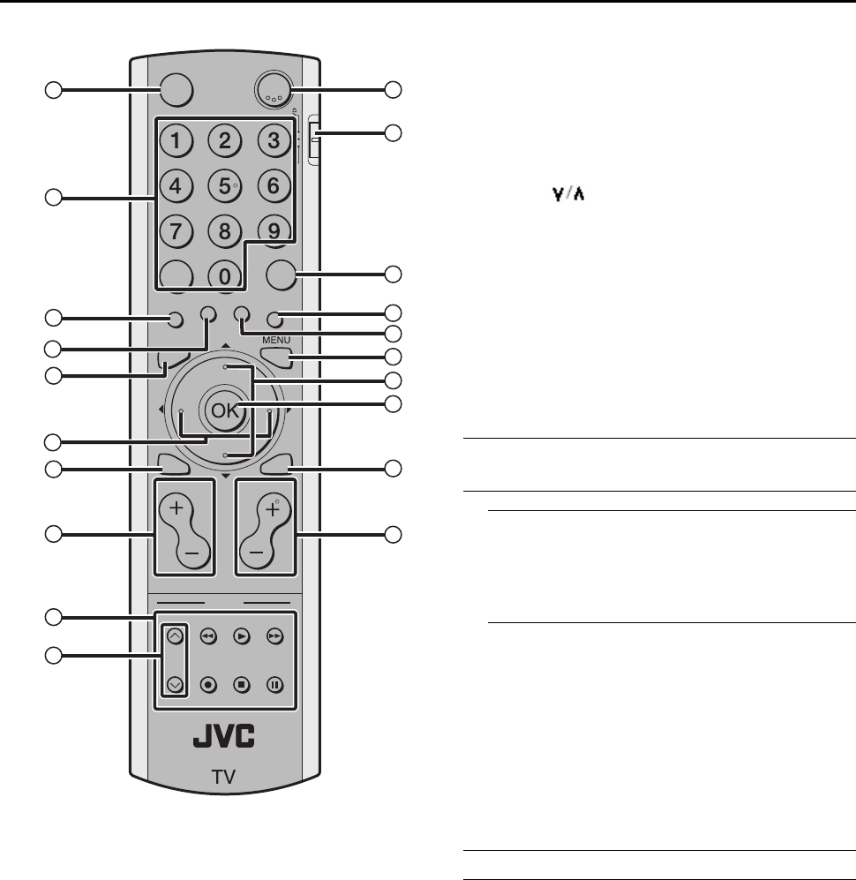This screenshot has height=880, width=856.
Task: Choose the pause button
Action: coord(276,684)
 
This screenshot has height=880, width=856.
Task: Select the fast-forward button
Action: coord(276,634)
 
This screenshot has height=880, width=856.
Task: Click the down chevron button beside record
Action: coord(173,682)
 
